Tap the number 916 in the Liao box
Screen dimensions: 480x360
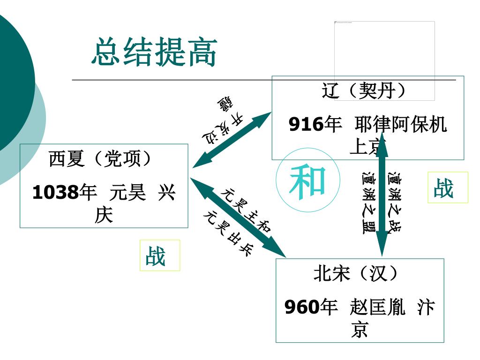coord(306,125)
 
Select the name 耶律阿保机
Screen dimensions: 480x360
coord(401,125)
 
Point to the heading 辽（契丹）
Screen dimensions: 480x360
coord(364,91)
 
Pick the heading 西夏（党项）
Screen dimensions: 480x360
coord(101,159)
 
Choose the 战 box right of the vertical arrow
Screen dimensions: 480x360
coord(447,187)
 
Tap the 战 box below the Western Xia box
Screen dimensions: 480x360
coord(159,255)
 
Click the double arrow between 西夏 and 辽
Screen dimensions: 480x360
coord(232,140)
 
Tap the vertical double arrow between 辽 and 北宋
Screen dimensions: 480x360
coord(382,195)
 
